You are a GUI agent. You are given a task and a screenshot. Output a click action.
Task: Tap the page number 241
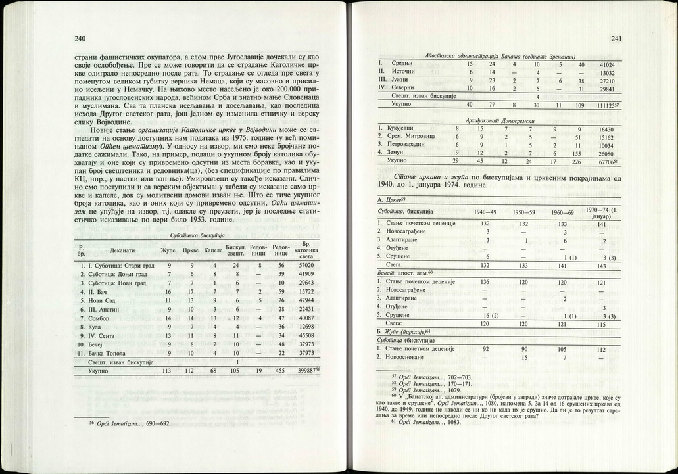[616, 39]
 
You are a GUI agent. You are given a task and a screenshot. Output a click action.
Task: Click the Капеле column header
[213, 250]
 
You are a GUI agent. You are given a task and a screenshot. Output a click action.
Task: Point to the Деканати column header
[123, 250]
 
